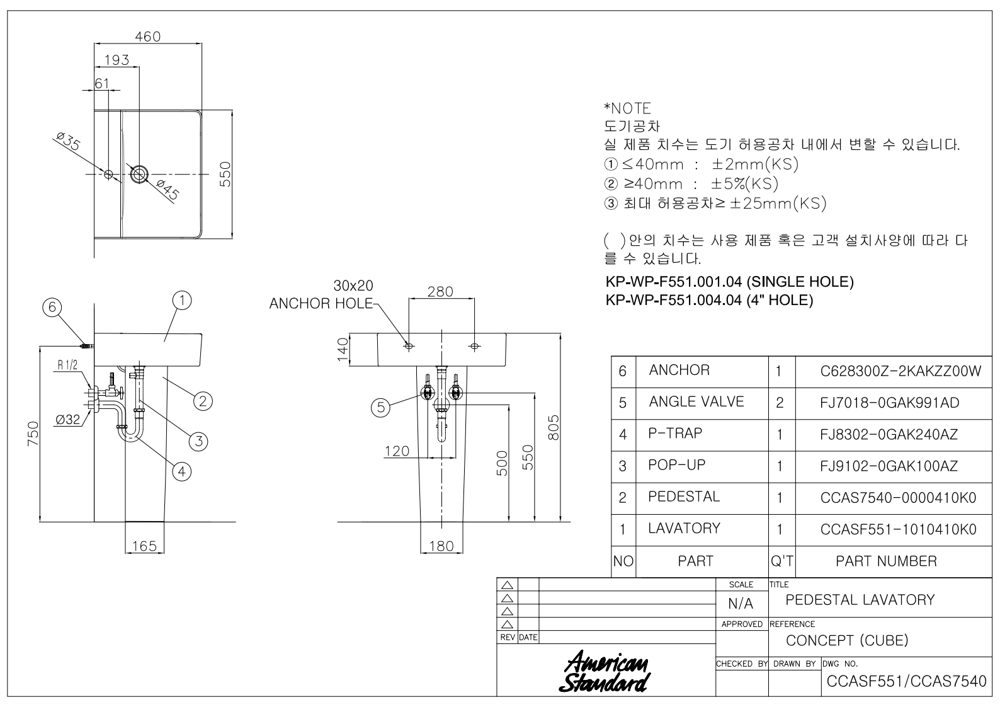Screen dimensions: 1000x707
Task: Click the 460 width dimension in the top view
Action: tap(148, 36)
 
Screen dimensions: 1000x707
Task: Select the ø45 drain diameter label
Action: tap(169, 190)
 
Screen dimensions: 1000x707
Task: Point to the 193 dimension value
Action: tap(116, 60)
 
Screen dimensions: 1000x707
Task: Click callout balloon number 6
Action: tap(52, 308)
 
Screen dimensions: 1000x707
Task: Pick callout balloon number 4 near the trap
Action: tap(182, 471)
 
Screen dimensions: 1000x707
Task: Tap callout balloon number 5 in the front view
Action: tap(381, 407)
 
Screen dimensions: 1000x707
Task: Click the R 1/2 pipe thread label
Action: tap(67, 365)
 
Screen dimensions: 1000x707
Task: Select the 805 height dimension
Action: tap(553, 427)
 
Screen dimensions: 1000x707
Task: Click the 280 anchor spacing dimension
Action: tap(440, 292)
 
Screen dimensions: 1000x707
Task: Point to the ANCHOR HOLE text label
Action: tap(321, 303)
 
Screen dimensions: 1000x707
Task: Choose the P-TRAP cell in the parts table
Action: tap(675, 434)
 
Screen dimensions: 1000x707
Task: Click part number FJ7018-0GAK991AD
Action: tap(890, 403)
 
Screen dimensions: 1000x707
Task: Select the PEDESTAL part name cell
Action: tap(684, 497)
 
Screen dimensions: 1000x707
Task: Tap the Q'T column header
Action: tap(781, 561)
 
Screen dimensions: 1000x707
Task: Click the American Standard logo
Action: tap(605, 671)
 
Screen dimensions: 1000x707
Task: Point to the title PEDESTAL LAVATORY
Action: tap(860, 600)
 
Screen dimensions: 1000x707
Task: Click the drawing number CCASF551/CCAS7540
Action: tap(906, 681)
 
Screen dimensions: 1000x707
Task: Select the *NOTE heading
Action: tap(627, 108)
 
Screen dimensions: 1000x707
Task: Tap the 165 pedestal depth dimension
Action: tap(144, 546)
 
